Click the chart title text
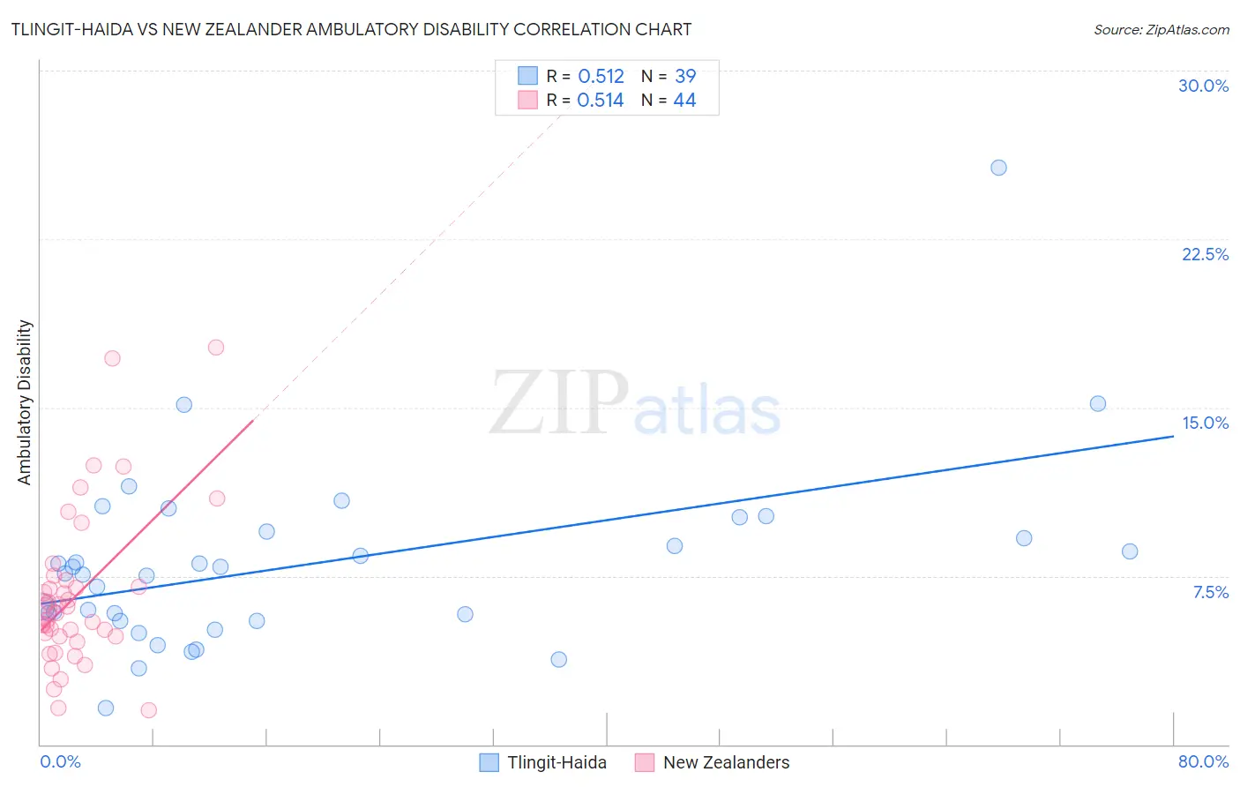(x=351, y=29)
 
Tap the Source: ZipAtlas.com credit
(x=1161, y=29)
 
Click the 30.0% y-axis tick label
(x=1203, y=86)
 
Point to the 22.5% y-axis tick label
(x=1205, y=254)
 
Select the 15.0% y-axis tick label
(x=1205, y=423)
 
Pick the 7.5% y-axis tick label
(x=1210, y=592)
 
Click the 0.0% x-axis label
(x=60, y=761)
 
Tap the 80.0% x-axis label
(x=1203, y=761)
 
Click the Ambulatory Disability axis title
(x=25, y=402)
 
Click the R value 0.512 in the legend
(x=601, y=77)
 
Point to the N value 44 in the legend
(x=684, y=101)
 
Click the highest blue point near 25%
(x=998, y=168)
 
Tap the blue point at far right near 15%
(x=1098, y=404)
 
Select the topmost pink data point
(x=216, y=348)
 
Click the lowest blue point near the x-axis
(x=106, y=708)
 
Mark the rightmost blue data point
(x=1130, y=551)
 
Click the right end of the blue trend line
(x=1173, y=436)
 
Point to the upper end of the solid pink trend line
(x=253, y=422)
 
